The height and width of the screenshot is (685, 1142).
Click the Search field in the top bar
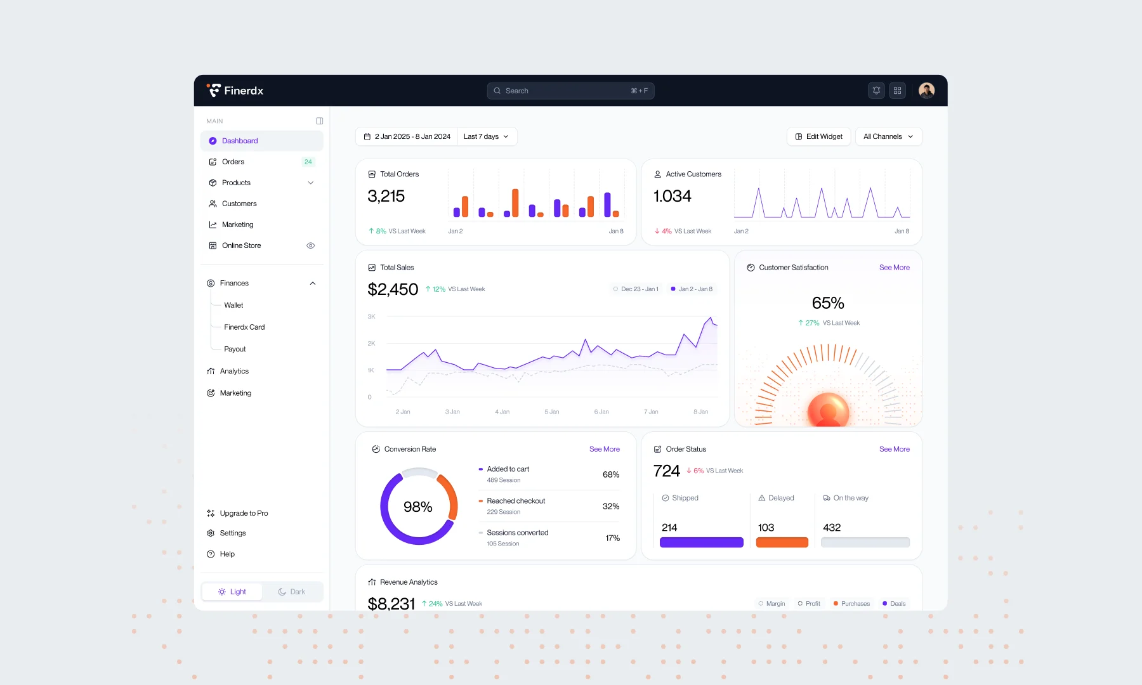pyautogui.click(x=570, y=91)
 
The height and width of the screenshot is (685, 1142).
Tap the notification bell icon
pyautogui.click(x=876, y=91)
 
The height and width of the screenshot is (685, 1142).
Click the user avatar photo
pyautogui.click(x=926, y=91)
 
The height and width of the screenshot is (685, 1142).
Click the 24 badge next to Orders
pyautogui.click(x=308, y=162)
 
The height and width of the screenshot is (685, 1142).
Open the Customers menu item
pyautogui.click(x=239, y=204)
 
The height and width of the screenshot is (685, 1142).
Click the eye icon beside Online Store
pyautogui.click(x=311, y=245)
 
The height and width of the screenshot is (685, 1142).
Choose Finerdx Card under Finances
pyautogui.click(x=244, y=327)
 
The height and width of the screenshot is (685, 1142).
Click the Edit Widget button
pyautogui.click(x=818, y=136)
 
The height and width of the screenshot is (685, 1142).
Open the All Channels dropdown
pyautogui.click(x=888, y=136)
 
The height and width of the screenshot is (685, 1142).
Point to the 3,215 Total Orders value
pyautogui.click(x=386, y=196)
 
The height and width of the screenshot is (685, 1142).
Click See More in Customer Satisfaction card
pyautogui.click(x=895, y=268)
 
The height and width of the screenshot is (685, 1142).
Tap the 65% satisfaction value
pyautogui.click(x=828, y=303)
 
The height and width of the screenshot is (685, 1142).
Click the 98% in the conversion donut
pyautogui.click(x=418, y=507)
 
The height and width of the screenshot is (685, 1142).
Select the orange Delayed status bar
pyautogui.click(x=782, y=542)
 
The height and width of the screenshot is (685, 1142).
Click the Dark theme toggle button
pyautogui.click(x=292, y=592)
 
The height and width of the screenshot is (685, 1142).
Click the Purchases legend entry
pyautogui.click(x=851, y=604)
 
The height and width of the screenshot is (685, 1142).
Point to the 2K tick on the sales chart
pyautogui.click(x=371, y=343)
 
